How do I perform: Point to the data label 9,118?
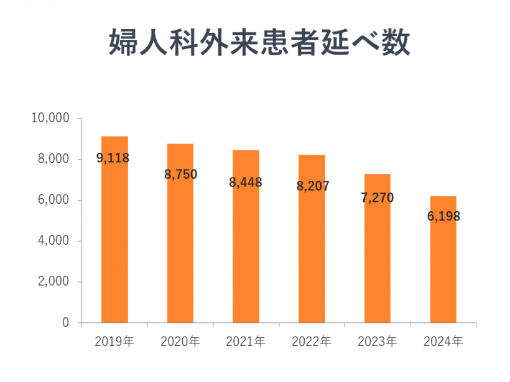coord(113,158)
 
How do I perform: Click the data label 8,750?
coord(180,175)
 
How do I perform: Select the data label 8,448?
coord(246,183)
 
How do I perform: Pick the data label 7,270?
coord(377,198)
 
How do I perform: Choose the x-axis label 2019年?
coord(114,342)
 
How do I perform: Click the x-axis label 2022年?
coord(312,342)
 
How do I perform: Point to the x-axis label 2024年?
coord(443,342)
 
